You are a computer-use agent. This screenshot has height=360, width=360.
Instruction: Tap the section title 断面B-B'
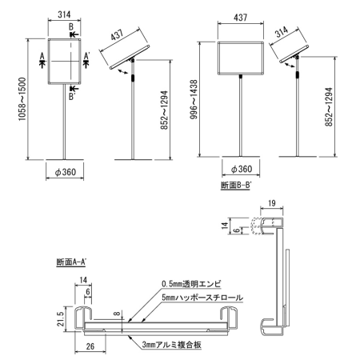click(x=235, y=186)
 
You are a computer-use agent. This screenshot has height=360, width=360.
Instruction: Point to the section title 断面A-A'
click(x=73, y=262)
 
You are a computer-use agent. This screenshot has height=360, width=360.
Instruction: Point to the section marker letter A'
click(x=86, y=57)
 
